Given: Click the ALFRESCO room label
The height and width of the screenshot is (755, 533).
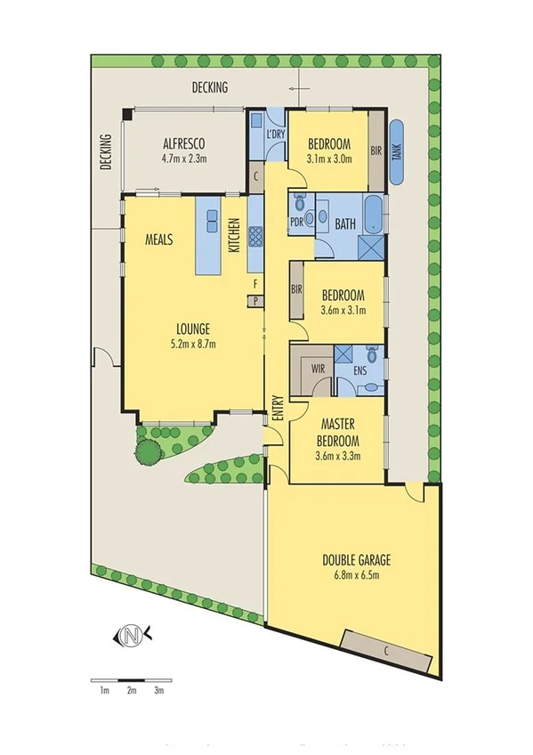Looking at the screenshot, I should pyautogui.click(x=184, y=144).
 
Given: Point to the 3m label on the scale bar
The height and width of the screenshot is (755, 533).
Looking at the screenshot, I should pyautogui.click(x=159, y=690).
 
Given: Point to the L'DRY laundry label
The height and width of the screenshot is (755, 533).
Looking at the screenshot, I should pyautogui.click(x=276, y=134).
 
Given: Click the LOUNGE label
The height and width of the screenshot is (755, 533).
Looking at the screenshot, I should pyautogui.click(x=192, y=328).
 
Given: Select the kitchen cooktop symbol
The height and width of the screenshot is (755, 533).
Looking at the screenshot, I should pyautogui.click(x=255, y=236).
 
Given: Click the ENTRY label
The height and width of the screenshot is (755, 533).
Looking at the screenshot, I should pyautogui.click(x=278, y=407).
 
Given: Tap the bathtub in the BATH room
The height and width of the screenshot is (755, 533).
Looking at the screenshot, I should pyautogui.click(x=376, y=212).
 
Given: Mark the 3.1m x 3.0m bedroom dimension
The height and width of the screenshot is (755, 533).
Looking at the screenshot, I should pyautogui.click(x=329, y=159).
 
